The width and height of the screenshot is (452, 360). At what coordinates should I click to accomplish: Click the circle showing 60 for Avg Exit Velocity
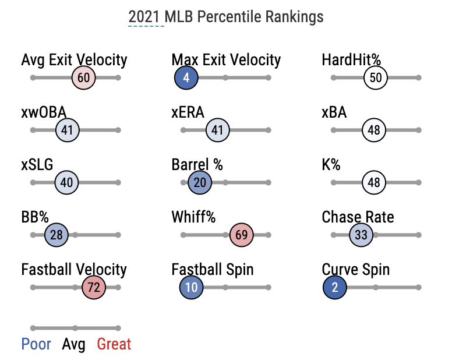(x=83, y=77)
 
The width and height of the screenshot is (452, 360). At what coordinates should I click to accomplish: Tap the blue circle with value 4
(x=186, y=77)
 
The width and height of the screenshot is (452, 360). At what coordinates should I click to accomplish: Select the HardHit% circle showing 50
(x=376, y=77)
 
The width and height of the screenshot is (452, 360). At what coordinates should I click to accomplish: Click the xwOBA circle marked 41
(x=67, y=130)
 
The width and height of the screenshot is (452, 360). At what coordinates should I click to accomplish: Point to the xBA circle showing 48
(x=374, y=130)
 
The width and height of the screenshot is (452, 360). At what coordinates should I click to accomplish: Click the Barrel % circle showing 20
(x=199, y=182)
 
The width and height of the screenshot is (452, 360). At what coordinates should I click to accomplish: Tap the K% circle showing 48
(x=374, y=182)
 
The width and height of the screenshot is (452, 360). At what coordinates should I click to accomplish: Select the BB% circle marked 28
(x=57, y=235)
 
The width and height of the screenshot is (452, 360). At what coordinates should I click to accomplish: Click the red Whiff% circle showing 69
(x=242, y=235)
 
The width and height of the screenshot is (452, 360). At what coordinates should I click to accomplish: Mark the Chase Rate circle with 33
(x=361, y=235)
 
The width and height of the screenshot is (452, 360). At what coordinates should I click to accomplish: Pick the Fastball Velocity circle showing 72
(x=93, y=287)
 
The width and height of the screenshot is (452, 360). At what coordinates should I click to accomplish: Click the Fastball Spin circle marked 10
(x=192, y=287)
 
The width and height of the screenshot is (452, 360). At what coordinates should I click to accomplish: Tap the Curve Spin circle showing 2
(x=335, y=287)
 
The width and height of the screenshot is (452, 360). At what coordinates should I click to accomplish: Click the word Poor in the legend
(x=36, y=344)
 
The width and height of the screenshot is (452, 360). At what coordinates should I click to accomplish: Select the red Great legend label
(x=114, y=344)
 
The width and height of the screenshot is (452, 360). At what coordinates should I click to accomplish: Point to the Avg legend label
(x=73, y=344)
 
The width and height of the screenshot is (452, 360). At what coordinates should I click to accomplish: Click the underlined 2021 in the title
(x=144, y=16)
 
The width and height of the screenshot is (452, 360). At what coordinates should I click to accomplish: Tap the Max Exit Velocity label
(x=226, y=59)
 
